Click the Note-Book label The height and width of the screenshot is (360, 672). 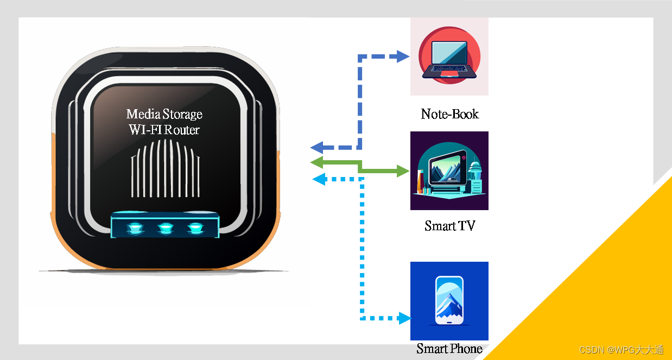[x=449, y=114]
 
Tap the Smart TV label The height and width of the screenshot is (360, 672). [x=449, y=226]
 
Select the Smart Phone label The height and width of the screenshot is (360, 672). [x=449, y=349]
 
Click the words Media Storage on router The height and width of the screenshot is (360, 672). [x=164, y=114]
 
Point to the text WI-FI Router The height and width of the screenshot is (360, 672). [x=164, y=130]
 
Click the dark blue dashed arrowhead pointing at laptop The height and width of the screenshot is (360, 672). [x=403, y=56]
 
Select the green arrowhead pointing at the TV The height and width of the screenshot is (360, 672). [x=403, y=172]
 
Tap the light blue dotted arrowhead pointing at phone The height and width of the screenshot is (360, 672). [x=404, y=318]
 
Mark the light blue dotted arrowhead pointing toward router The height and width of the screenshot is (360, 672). [x=319, y=179]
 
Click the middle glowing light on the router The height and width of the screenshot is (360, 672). [x=165, y=227]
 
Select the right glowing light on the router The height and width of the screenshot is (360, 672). [x=194, y=227]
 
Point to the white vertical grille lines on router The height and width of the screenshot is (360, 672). [x=166, y=168]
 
